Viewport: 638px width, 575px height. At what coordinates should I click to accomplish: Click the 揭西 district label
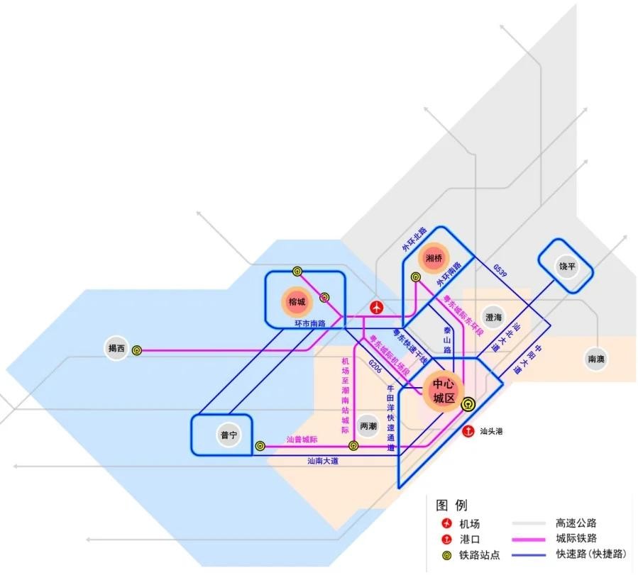[116, 348]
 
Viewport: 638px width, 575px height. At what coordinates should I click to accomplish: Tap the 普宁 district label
[228, 435]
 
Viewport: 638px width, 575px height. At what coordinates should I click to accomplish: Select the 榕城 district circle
[296, 301]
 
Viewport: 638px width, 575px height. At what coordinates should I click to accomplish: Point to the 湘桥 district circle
[434, 259]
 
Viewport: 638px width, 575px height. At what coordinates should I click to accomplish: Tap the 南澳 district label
[596, 359]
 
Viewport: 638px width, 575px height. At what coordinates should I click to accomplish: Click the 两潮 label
[368, 427]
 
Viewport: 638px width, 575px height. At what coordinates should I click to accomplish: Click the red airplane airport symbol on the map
[377, 308]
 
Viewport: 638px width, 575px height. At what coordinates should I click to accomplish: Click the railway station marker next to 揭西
[137, 350]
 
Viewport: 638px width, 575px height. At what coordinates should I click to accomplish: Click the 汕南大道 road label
[322, 462]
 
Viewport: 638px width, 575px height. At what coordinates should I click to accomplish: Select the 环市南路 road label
[310, 324]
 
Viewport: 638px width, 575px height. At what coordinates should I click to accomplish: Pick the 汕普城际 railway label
[302, 440]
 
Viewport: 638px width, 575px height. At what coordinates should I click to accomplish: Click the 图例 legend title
[452, 506]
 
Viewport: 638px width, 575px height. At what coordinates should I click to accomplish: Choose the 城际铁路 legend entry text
[576, 539]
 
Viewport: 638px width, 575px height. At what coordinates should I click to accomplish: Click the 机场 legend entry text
[469, 524]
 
